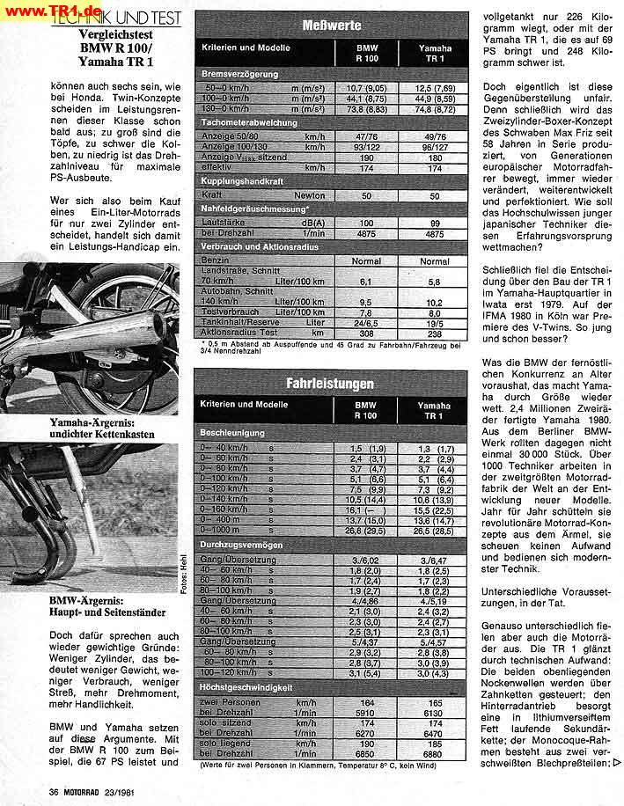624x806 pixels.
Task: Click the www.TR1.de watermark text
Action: (49, 8)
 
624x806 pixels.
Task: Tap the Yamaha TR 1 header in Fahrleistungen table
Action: (433, 411)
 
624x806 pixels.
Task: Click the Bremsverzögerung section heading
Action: (240, 75)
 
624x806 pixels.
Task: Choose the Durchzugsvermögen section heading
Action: (240, 546)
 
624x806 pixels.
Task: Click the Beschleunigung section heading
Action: (232, 434)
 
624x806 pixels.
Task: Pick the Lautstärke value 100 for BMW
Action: (367, 223)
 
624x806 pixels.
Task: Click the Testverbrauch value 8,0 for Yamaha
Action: (434, 312)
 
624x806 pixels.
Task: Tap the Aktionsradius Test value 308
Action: (367, 333)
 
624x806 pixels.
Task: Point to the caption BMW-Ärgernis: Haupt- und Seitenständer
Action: (97, 605)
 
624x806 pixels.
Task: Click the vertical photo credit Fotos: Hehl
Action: (182, 577)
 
